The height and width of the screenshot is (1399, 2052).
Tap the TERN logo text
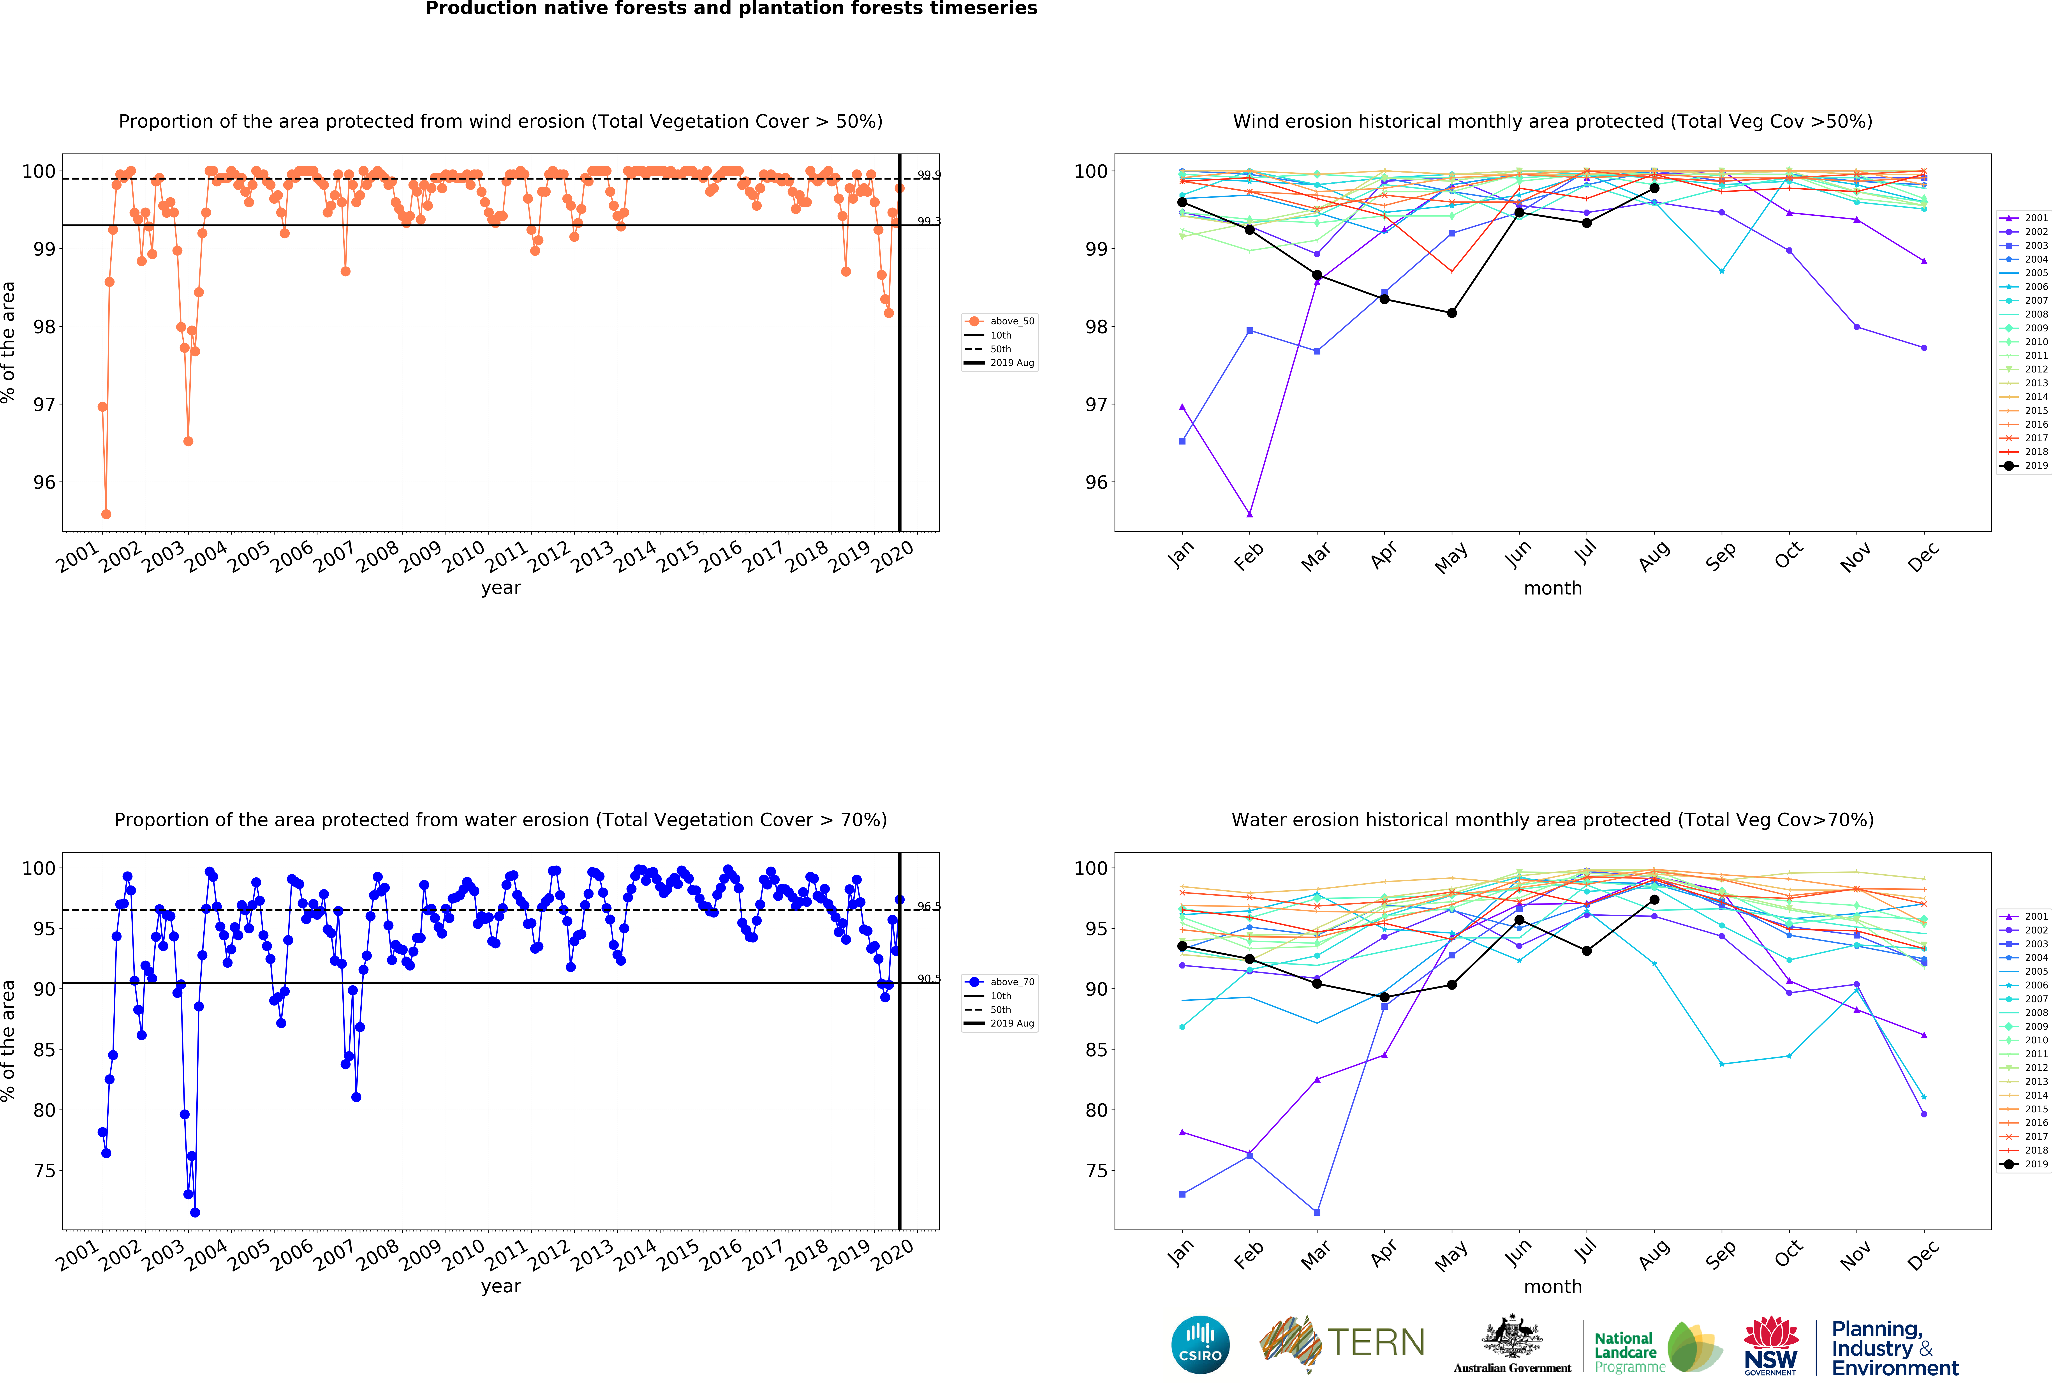click(x=1376, y=1343)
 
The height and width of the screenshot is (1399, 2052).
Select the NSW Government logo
click(x=1770, y=1345)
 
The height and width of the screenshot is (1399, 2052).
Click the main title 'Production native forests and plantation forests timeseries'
click(x=731, y=9)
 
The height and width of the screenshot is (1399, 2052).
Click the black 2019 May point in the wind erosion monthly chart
click(x=1451, y=313)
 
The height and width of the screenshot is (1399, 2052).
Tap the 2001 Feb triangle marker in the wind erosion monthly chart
click(x=1249, y=514)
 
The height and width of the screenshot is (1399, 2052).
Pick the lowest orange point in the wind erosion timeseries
click(x=106, y=514)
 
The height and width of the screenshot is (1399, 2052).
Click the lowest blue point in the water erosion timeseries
click(x=195, y=1213)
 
